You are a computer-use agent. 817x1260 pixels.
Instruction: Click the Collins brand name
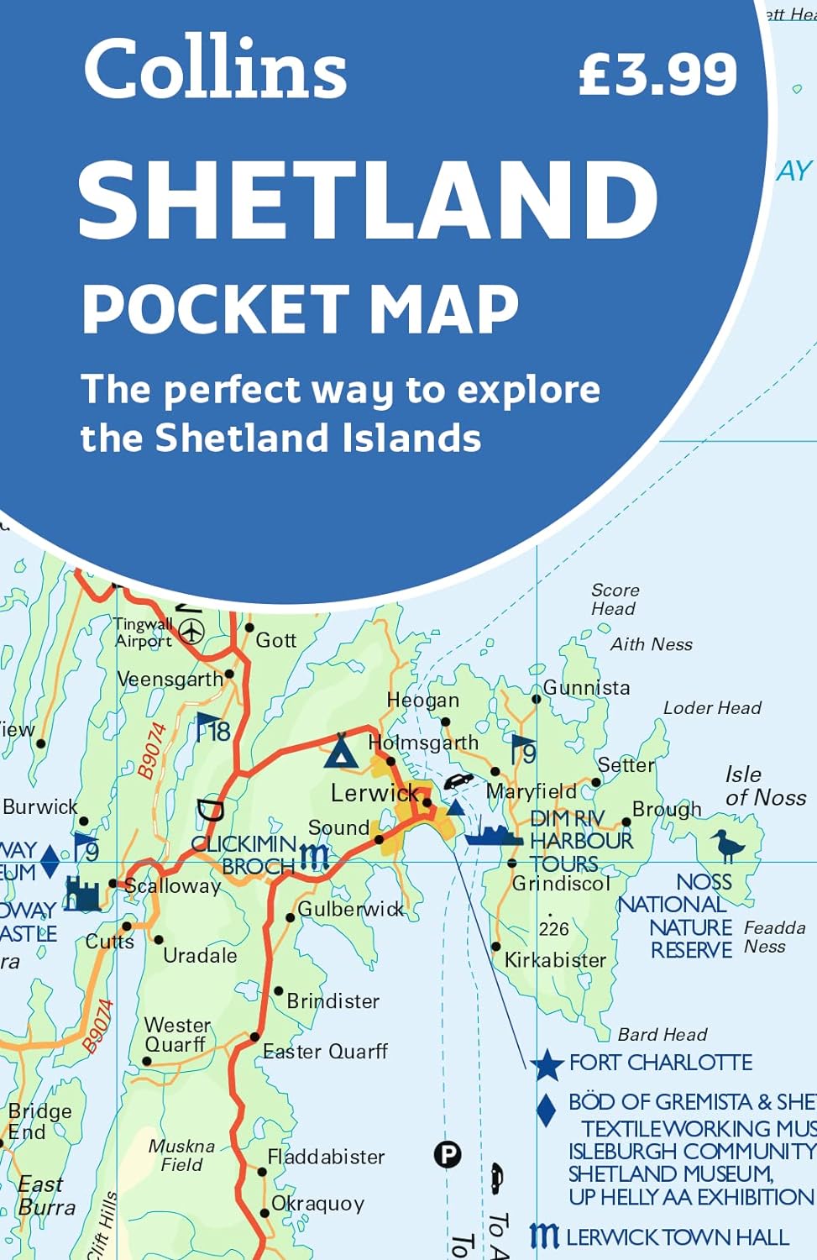(215, 69)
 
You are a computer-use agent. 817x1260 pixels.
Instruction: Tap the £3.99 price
(657, 74)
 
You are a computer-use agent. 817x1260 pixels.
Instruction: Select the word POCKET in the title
(215, 309)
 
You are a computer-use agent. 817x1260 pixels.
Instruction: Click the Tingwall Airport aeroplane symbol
(192, 631)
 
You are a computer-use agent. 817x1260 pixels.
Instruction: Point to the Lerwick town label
(374, 792)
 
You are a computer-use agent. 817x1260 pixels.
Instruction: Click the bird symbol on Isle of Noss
(727, 845)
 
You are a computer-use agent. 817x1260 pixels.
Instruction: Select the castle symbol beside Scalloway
(82, 895)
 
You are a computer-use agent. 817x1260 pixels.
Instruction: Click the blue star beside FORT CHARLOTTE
(547, 1064)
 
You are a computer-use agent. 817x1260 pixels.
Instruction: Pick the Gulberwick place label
(350, 909)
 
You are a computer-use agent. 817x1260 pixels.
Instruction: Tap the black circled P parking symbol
(448, 1155)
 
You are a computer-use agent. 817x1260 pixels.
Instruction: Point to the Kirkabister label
(555, 960)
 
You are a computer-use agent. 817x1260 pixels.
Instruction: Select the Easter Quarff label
(325, 1051)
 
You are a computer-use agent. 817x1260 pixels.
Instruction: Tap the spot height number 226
(553, 929)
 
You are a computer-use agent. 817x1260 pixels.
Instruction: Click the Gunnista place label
(586, 688)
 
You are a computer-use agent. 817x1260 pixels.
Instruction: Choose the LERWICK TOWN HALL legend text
(677, 1237)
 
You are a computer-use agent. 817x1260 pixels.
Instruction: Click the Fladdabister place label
(326, 1157)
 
